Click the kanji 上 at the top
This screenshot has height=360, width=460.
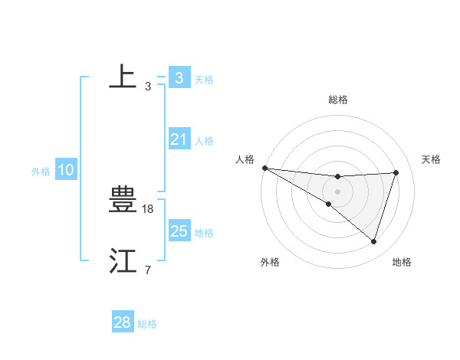[x=123, y=76]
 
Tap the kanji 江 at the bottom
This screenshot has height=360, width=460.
[x=123, y=260]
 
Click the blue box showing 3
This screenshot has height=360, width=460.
[x=179, y=78]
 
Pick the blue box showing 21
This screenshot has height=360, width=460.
[x=179, y=139]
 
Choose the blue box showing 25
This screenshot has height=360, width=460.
[x=179, y=231]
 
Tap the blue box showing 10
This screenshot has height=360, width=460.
[x=65, y=170]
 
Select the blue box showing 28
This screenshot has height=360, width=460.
[x=122, y=322]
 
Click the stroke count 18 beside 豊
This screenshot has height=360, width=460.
[x=149, y=208]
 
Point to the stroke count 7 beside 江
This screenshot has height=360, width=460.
[x=147, y=270]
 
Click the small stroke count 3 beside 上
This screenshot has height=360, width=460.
[x=147, y=86]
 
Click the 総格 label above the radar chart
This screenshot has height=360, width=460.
[x=337, y=100]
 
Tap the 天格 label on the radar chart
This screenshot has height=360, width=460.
[x=431, y=159]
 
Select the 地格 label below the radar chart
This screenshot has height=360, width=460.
[x=402, y=262]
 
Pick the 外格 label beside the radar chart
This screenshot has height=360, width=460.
[x=270, y=262]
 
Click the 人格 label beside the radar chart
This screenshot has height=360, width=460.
[x=245, y=159]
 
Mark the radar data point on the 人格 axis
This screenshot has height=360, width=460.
[x=264, y=168]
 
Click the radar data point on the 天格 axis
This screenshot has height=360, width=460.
[x=396, y=172]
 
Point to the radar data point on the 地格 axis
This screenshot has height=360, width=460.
[x=373, y=241]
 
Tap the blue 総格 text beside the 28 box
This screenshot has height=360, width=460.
[x=147, y=324]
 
